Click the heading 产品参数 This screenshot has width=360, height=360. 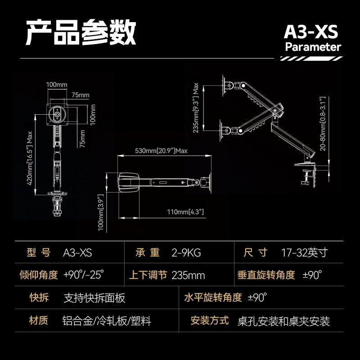tap(81, 32)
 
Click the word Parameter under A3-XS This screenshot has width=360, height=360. tap(313, 47)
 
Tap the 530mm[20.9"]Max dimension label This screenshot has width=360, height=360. tap(161, 151)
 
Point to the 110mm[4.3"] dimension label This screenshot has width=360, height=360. tap(185, 211)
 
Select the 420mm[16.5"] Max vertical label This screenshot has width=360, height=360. tap(30, 158)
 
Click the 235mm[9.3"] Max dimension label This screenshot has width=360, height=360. tap(196, 108)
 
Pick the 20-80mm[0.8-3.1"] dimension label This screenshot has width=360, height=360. tap(323, 123)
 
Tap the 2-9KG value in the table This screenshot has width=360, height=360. tap(186, 253)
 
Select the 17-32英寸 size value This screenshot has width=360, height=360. tap(305, 252)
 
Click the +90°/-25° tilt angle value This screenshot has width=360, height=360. tap(84, 274)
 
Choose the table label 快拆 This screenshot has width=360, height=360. tap(39, 297)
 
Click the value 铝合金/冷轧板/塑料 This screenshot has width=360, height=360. tap(107, 321)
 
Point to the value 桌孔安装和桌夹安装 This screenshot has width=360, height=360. tap(283, 321)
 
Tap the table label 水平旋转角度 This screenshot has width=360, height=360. tap(213, 297)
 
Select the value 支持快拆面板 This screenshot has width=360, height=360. tap(94, 298)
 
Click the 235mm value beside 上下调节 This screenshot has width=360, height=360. tap(188, 275)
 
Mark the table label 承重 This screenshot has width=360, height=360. tap(148, 252)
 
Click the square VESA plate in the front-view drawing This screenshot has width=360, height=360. tap(58, 114)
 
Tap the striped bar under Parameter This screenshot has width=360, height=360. tap(311, 58)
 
